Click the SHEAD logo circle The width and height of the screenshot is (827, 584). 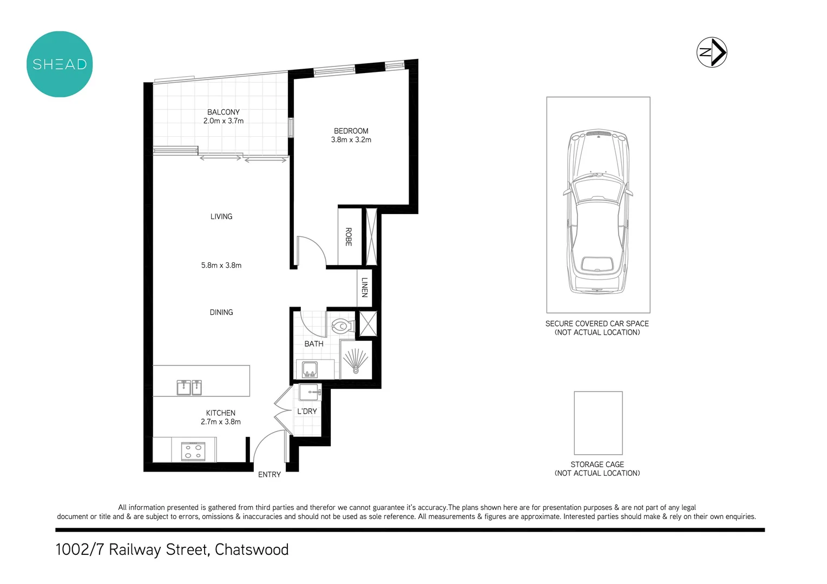click(60, 64)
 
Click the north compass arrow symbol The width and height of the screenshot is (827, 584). click(712, 52)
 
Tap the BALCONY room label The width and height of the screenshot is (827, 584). click(223, 112)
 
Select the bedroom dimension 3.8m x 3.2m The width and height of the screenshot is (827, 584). click(351, 140)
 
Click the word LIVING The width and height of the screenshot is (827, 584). click(221, 216)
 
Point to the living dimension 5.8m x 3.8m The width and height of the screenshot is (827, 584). click(221, 266)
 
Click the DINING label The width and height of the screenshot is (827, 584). click(221, 312)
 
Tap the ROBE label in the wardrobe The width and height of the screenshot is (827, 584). click(349, 237)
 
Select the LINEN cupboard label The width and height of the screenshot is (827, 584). click(364, 287)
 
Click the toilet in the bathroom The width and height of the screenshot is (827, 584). click(342, 326)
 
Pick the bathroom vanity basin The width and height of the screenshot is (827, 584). click(310, 370)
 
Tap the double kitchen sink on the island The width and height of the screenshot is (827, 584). click(189, 387)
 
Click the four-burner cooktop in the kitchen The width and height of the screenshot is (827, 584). click(193, 451)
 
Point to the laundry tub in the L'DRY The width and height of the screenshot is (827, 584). click(312, 391)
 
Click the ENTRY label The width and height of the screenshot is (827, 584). click(269, 475)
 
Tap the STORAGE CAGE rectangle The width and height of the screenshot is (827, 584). click(598, 423)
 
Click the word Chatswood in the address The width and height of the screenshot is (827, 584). click(252, 549)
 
